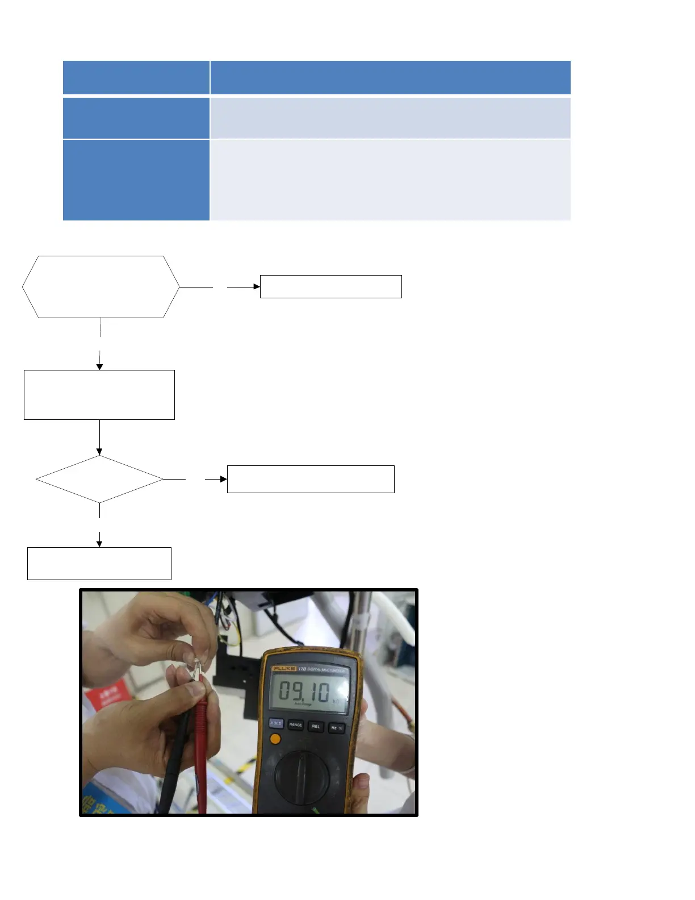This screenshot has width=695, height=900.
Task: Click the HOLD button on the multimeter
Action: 275,723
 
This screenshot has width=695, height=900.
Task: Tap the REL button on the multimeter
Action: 316,726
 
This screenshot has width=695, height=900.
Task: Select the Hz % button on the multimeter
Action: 336,727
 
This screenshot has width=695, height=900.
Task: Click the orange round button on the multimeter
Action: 275,739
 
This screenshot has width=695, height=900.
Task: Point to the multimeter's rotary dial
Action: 302,776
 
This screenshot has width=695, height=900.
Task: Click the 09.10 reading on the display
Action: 304,691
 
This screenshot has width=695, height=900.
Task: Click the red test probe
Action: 200,756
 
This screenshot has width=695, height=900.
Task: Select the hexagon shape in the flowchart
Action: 101,286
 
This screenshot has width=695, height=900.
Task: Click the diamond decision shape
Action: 99,479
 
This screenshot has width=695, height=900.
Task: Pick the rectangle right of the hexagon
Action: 330,286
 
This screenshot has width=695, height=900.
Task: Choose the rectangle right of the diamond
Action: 311,479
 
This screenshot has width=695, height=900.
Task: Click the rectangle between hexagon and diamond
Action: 99,395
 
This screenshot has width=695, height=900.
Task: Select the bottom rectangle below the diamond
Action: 99,563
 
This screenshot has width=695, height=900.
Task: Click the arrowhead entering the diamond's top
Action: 99,452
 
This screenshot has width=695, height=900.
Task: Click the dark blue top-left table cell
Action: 136,77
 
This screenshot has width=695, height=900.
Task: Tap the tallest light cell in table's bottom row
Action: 390,180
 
